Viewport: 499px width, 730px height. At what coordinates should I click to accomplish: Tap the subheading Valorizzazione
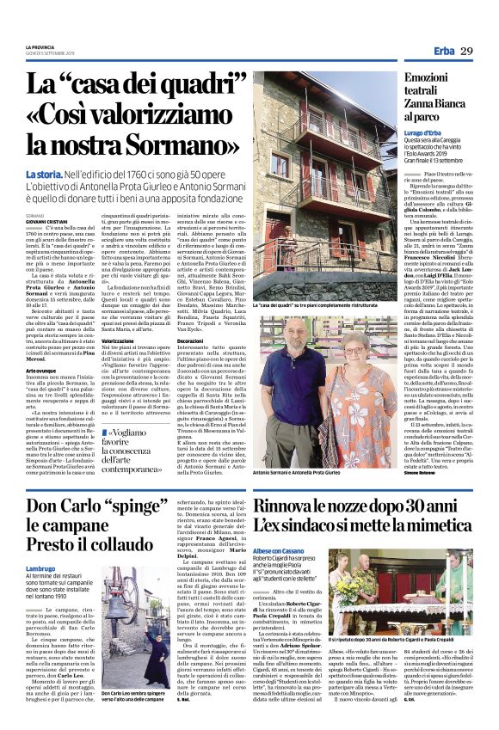click(118, 340)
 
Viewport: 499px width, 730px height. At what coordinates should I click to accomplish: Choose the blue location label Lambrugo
click(40, 568)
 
